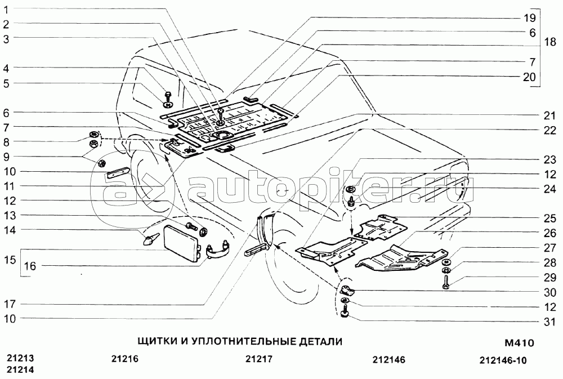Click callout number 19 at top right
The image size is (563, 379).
click(530, 17)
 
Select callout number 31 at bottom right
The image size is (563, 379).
click(549, 322)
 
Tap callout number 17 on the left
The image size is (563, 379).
click(10, 304)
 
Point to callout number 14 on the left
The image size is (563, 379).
click(10, 230)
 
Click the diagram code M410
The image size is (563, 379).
click(520, 343)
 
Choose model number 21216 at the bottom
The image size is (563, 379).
click(124, 359)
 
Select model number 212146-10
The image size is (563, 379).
click(503, 360)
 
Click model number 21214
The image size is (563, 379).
click(20, 369)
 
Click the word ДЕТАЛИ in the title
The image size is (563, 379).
click(320, 341)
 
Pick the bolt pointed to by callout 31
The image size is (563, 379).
click(345, 311)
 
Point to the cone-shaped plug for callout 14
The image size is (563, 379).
click(151, 239)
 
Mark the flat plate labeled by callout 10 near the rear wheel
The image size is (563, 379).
click(117, 173)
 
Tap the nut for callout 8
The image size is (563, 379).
click(93, 135)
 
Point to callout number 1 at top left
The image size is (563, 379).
click(6, 10)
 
